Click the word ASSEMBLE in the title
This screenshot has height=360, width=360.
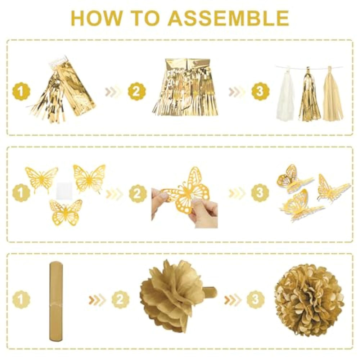229,18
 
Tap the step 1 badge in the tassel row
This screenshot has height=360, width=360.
21,91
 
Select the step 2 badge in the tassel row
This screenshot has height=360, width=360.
136,91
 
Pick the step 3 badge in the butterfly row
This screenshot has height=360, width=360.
260,192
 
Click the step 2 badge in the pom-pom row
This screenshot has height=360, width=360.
121,299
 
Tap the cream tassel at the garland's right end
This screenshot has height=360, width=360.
333,94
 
